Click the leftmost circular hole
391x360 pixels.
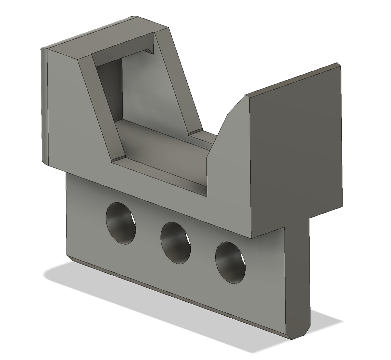click(x=121, y=223)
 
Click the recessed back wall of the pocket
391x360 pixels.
click(x=147, y=88)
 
